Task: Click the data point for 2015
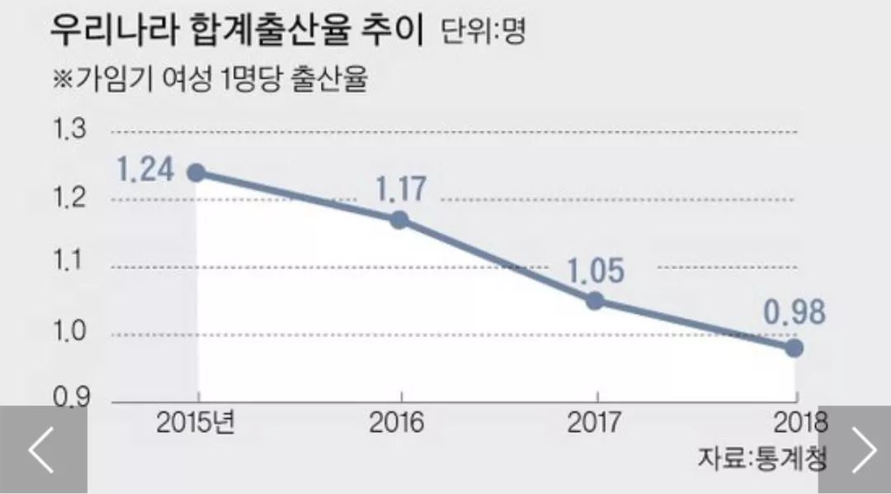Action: [196, 173]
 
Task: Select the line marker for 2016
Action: [399, 220]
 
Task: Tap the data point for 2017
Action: [595, 301]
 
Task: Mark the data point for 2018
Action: [794, 348]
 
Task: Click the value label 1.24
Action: [145, 170]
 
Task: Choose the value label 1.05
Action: [595, 270]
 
